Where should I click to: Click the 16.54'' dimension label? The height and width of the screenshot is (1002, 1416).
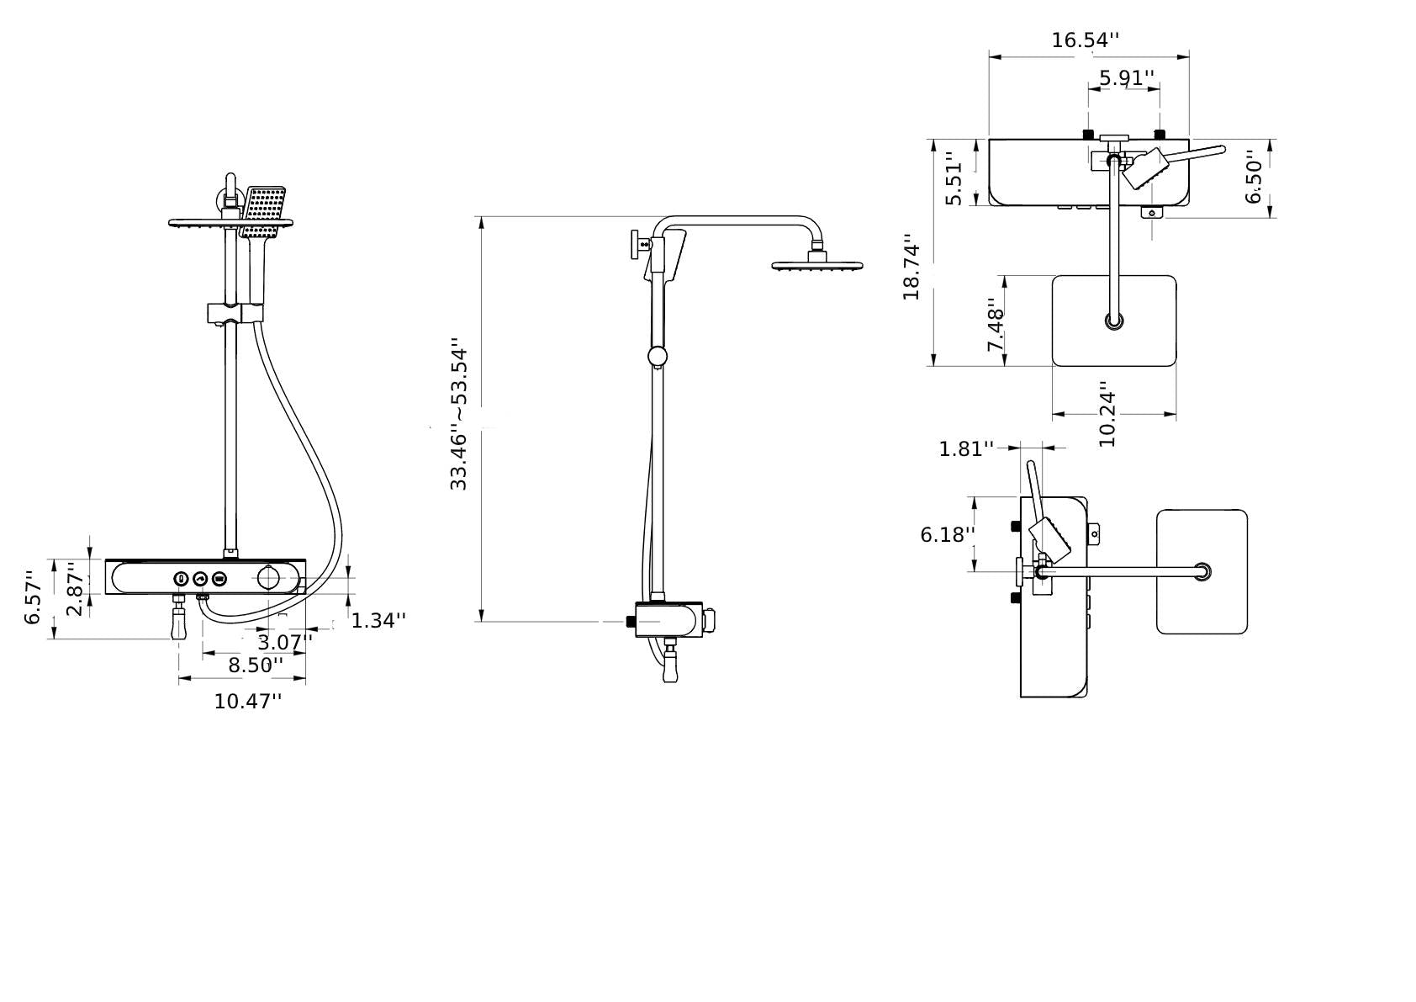[1085, 40]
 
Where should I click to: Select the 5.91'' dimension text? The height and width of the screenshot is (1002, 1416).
[1126, 78]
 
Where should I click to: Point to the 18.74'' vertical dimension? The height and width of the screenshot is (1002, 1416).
[911, 271]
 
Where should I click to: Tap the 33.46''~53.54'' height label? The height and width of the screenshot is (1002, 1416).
[458, 414]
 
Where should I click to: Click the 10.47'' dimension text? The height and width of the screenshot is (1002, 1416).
[247, 701]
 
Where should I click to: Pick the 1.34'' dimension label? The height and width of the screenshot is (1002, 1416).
[378, 621]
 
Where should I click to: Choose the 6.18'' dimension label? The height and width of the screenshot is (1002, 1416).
[947, 534]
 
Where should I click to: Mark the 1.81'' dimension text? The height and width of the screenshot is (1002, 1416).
[965, 448]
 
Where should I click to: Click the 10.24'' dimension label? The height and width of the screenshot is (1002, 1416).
[1107, 418]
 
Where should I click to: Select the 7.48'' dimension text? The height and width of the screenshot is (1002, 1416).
[996, 325]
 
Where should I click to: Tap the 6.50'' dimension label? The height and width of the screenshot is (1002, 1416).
[1254, 177]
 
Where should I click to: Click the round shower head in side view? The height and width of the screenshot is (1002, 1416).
[817, 266]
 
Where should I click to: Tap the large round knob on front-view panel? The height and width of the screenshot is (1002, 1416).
[268, 578]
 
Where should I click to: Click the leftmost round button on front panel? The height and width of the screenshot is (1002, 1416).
[181, 579]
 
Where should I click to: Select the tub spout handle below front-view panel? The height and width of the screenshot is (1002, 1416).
[178, 624]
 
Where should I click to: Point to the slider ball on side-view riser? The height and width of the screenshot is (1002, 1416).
[658, 356]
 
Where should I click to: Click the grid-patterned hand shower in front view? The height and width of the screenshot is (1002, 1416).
[264, 210]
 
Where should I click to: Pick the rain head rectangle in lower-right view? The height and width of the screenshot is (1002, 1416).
[1202, 571]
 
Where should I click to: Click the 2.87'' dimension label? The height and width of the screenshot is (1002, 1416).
[76, 588]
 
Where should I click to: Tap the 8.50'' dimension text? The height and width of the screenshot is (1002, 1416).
[256, 665]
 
